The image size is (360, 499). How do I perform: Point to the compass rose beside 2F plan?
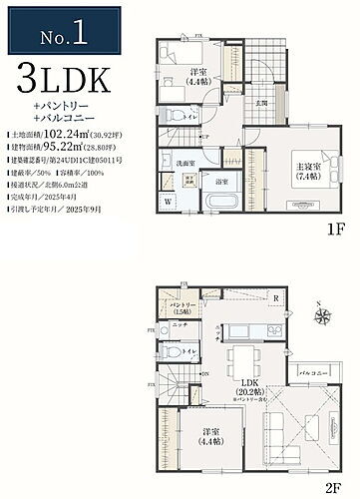323,316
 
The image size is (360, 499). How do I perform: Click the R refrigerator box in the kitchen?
274,298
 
